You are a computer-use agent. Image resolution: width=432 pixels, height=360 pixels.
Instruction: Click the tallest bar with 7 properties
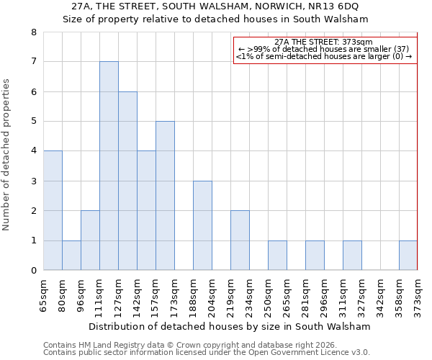109,166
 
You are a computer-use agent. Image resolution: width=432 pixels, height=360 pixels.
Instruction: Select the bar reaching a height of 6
127,181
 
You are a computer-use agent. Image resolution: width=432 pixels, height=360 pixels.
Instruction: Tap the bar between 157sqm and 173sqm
165,196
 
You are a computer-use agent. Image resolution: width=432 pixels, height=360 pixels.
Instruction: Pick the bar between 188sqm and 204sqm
202,225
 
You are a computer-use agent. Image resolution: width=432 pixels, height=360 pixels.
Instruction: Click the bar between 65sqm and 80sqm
53,210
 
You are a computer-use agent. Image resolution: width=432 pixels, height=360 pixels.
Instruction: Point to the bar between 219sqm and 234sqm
240,240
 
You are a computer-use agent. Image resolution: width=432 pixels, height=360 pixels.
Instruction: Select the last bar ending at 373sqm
408,256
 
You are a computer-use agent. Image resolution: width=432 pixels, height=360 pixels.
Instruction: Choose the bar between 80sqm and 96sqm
71,256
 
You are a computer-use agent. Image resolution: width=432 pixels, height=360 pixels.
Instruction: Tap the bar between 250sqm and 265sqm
277,256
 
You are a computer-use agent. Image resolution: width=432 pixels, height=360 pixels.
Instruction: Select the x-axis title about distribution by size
230,326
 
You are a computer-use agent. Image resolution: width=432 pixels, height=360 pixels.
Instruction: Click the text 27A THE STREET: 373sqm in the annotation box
324,42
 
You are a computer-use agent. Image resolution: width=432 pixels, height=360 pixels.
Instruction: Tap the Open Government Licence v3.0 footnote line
207,352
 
